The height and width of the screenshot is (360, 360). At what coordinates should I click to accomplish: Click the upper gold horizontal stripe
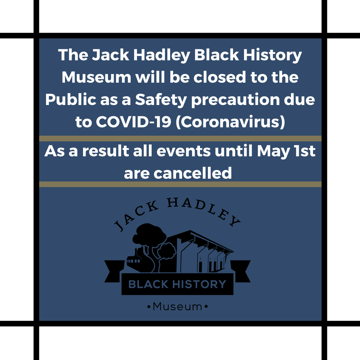tap(180, 138)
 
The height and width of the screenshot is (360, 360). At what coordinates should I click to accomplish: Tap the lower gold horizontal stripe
tap(180, 184)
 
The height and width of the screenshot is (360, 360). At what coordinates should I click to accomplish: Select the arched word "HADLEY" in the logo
tap(203, 208)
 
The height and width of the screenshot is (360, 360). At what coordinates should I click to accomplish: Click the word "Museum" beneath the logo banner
tap(177, 306)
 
